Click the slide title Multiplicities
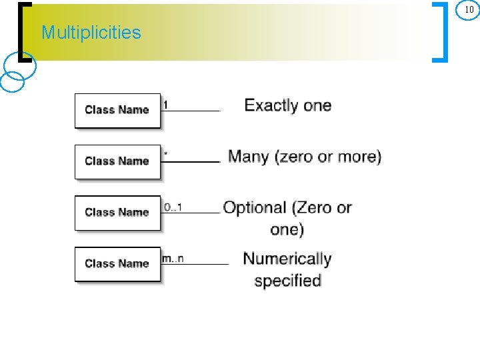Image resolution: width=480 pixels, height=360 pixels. point(91,33)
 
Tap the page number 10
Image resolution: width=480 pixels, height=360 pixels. point(469,9)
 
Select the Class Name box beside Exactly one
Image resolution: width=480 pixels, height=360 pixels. point(117,110)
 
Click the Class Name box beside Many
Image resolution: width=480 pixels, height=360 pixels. point(117,161)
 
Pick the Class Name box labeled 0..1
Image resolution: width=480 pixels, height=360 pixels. point(117,213)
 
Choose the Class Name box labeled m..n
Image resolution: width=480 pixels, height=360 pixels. point(117,264)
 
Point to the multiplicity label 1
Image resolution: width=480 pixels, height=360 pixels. point(166,105)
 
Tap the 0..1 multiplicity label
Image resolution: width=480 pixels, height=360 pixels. point(173,207)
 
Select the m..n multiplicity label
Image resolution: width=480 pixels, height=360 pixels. point(173,259)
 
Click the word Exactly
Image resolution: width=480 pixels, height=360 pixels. point(271,105)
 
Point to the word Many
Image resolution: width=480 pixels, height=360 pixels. point(248,157)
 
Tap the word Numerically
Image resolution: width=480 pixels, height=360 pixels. point(287,259)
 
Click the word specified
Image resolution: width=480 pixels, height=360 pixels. point(288,281)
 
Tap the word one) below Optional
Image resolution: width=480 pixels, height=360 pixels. point(287,230)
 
